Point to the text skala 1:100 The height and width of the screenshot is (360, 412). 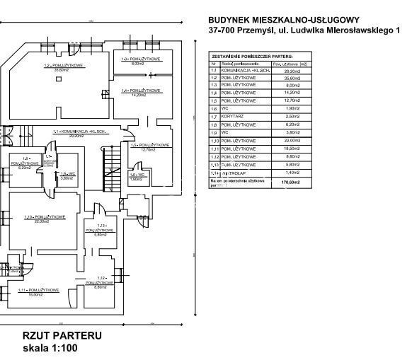(49, 348)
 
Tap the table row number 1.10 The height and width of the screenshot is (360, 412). (213, 140)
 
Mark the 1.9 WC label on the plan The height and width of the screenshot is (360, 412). (67, 175)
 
